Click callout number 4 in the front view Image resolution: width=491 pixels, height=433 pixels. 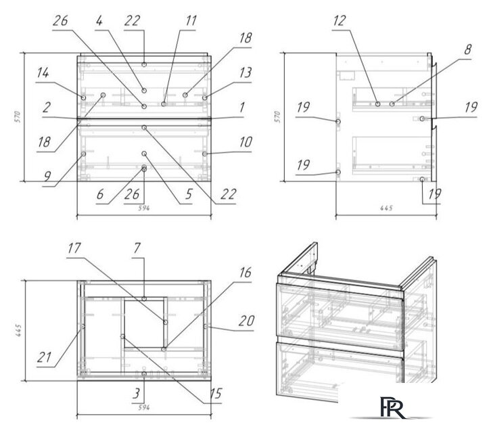coord(99,21)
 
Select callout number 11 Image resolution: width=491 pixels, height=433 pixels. coord(191,21)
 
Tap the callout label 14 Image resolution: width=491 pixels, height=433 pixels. coord(43,73)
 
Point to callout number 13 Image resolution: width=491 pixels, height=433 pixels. coord(245,72)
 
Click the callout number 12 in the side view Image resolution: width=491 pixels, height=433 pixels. coord(340,21)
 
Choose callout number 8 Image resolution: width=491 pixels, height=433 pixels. coord(467,49)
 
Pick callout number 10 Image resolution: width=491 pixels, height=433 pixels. coord(245,142)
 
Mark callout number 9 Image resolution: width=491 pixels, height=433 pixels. coord(47,177)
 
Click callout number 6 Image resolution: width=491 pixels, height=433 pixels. coord(100,194)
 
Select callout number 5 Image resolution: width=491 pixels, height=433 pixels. coord(188,194)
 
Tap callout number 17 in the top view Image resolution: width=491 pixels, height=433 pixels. coord(74,248)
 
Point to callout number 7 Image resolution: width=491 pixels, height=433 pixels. coord(137,248)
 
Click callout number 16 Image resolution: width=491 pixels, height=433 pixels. coord(245,273)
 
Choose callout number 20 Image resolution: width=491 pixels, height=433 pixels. coord(246,321)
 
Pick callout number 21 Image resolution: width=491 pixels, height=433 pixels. coord(44,357)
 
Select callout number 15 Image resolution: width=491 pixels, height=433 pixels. coord(216,394)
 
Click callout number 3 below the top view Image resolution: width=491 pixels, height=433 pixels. coord(136,394)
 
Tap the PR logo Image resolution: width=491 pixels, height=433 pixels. coord(392,407)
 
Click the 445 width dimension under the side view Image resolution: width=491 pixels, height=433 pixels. coord(386,208)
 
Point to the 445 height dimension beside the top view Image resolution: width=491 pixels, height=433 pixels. coord(18,331)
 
